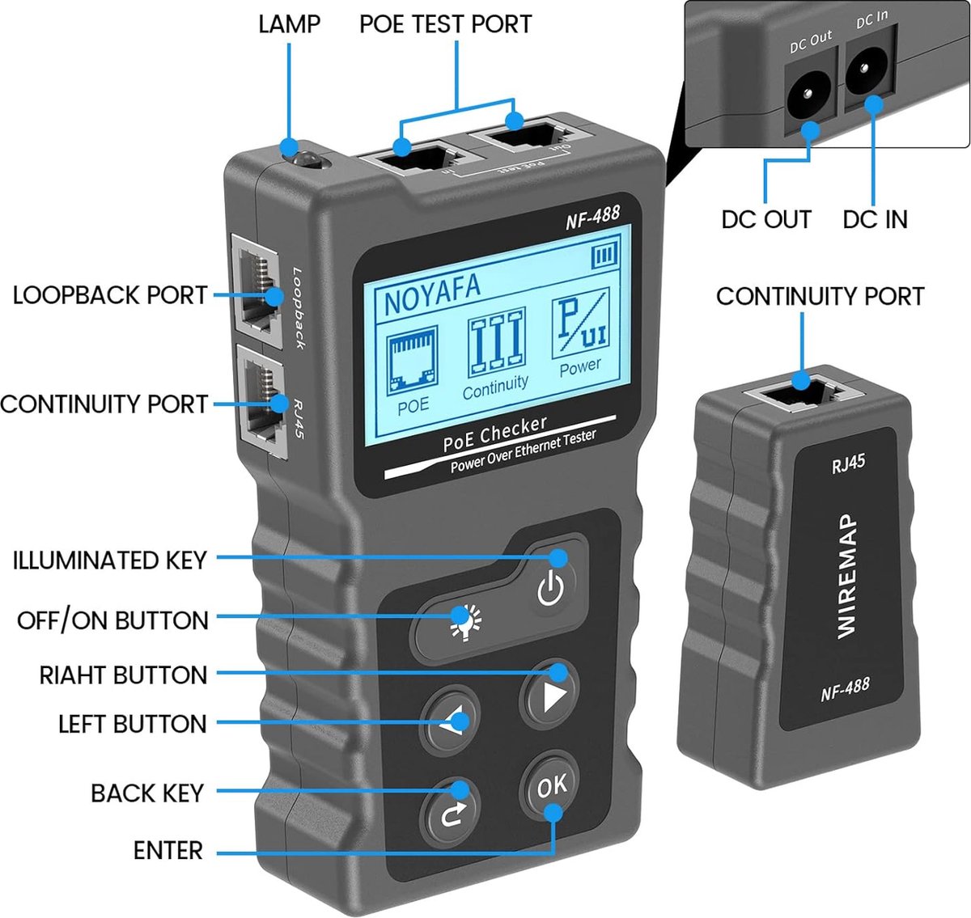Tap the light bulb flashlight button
tap(464, 624)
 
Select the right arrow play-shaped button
tap(551, 695)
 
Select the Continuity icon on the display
tap(496, 348)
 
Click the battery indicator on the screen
tap(604, 256)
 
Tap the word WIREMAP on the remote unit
tap(846, 575)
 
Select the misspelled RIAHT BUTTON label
tap(123, 675)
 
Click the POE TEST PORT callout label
tap(445, 24)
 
